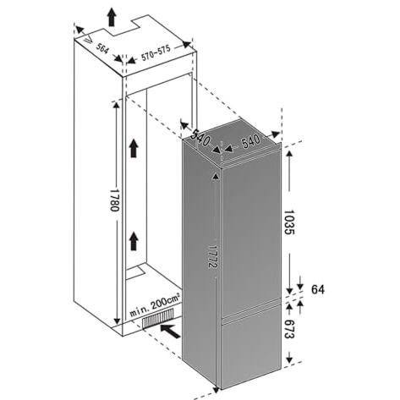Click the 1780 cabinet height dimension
115,200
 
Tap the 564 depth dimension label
101,49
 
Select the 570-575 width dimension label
156,53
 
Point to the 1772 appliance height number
214,255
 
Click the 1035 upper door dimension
289,222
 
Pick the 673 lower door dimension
289,329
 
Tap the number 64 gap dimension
318,289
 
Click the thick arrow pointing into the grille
170,331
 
